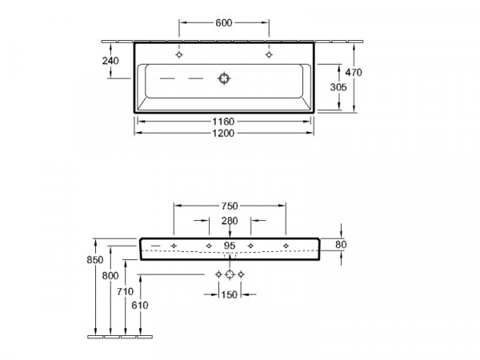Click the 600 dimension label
pyautogui.click(x=224, y=22)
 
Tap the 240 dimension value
pyautogui.click(x=110, y=61)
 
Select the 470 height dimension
pyautogui.click(x=354, y=72)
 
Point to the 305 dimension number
pyautogui.click(x=338, y=87)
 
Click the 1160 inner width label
pyautogui.click(x=223, y=122)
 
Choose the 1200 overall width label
pyautogui.click(x=223, y=133)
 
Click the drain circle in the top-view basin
pyautogui.click(x=224, y=78)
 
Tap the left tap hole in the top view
pyautogui.click(x=179, y=54)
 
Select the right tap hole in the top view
pyautogui.click(x=269, y=54)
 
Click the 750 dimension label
pyautogui.click(x=230, y=206)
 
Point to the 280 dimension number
pyautogui.click(x=230, y=221)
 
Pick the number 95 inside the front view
pyautogui.click(x=230, y=246)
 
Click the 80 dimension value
pyautogui.click(x=341, y=245)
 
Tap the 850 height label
pyautogui.click(x=95, y=260)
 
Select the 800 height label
pyautogui.click(x=110, y=276)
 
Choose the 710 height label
pyautogui.click(x=126, y=291)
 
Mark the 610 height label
pyautogui.click(x=140, y=306)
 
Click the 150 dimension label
pyautogui.click(x=230, y=294)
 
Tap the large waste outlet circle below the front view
pyautogui.click(x=230, y=274)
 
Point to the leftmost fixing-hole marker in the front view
pyautogui.click(x=174, y=246)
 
